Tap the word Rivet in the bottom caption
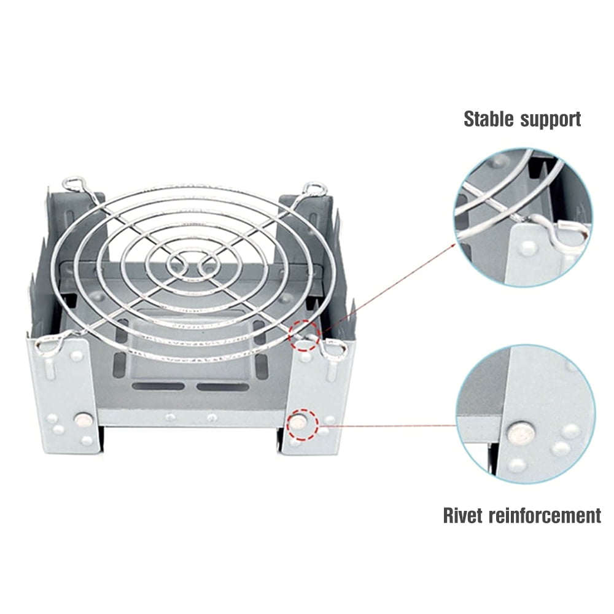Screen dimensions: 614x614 coord(462,515)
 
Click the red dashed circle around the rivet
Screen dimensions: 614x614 coord(303,424)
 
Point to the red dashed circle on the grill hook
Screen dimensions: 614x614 coord(304,335)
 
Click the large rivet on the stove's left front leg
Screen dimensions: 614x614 coord(84,420)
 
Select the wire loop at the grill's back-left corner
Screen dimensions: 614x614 coord(74,185)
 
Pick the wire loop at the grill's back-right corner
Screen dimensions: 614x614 coord(316,188)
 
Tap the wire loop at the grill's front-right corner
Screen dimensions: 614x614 coord(334,349)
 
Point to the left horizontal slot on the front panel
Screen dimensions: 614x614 coord(158,386)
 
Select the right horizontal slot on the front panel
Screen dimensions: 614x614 coord(223,387)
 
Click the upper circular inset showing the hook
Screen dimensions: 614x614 coord(523,218)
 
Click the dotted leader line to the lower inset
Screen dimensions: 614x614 coord(387,425)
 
